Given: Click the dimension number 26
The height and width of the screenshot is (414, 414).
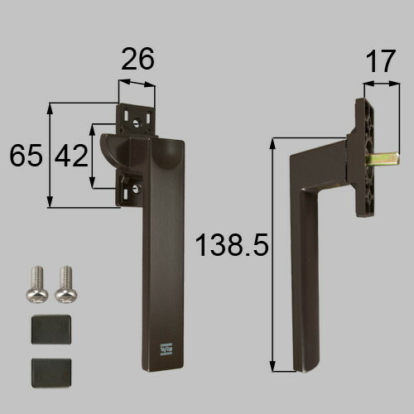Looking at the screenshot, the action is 137,59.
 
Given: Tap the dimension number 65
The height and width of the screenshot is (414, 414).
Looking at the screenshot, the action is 26,155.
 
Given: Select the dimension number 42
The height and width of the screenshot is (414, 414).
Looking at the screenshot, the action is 71,156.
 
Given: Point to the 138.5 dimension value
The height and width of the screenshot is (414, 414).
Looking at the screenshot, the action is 232,244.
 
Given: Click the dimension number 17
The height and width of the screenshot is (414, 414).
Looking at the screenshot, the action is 381,61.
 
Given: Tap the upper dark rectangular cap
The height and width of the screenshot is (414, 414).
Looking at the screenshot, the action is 51,330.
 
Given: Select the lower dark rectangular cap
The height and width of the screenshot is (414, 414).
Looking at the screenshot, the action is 51,373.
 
